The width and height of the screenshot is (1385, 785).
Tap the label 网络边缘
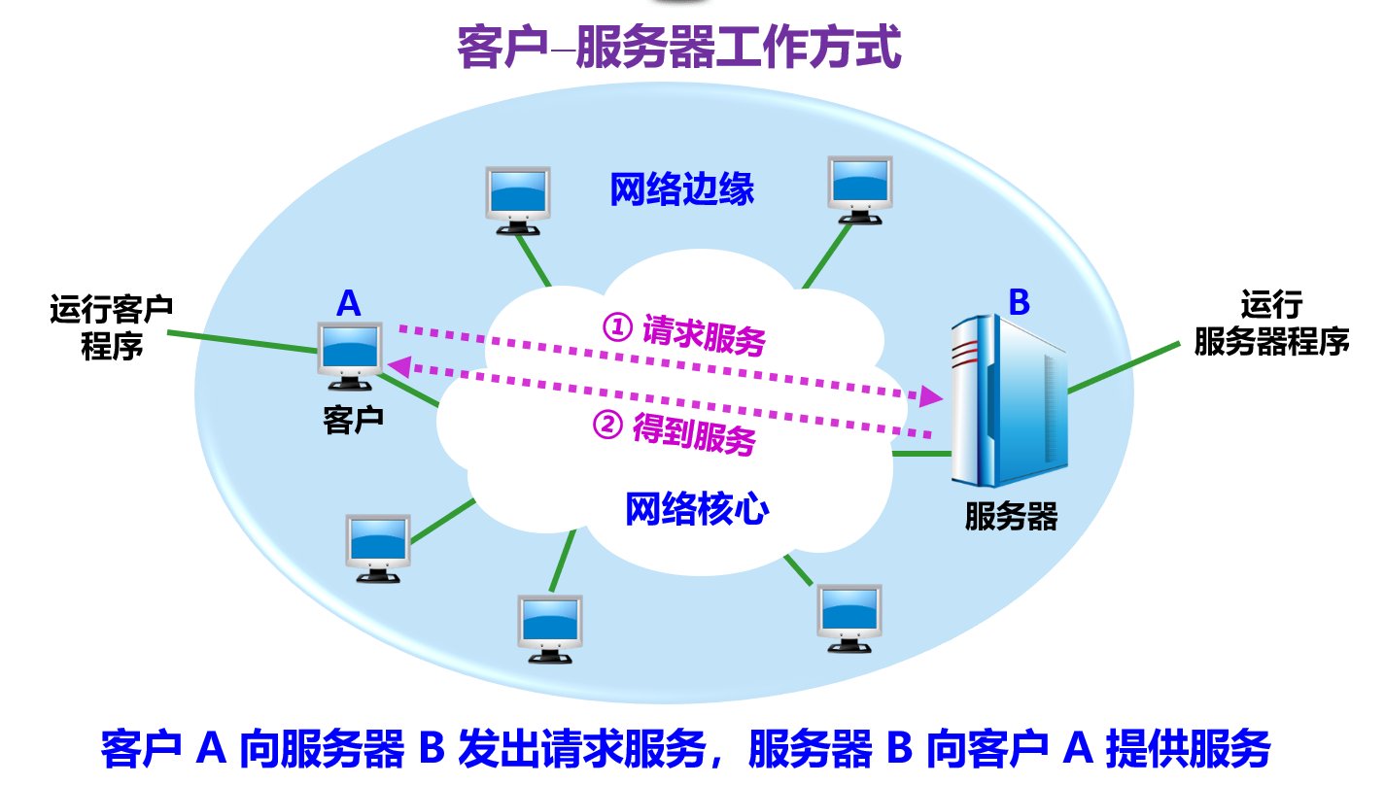coord(681,189)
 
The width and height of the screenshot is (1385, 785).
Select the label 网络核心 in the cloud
coord(696,509)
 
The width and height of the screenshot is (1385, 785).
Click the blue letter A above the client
coord(348,304)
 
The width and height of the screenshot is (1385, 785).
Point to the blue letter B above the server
coord(1018,302)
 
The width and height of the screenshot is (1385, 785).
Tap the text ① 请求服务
coord(684,333)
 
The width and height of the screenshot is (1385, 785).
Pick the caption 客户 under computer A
coord(352,419)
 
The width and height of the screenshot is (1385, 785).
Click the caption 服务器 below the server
coord(1010,516)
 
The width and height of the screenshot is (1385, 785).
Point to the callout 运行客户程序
coord(112,326)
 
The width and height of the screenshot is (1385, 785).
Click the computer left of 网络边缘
coord(518,198)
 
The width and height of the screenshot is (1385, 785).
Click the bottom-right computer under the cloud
coord(848,617)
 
